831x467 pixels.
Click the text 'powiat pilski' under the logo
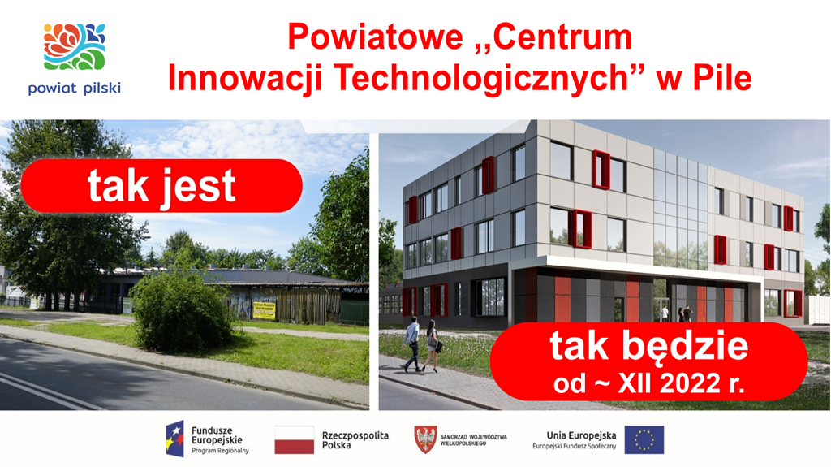(x=74, y=88)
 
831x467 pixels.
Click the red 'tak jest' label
(x=161, y=186)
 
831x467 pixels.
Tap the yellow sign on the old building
(x=264, y=309)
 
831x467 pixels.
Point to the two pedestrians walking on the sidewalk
(x=421, y=344)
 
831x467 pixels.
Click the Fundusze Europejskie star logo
(x=174, y=439)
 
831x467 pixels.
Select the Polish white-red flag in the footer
(x=294, y=439)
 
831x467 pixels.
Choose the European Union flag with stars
(x=644, y=439)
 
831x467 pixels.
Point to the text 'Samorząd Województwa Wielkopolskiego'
(x=473, y=439)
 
